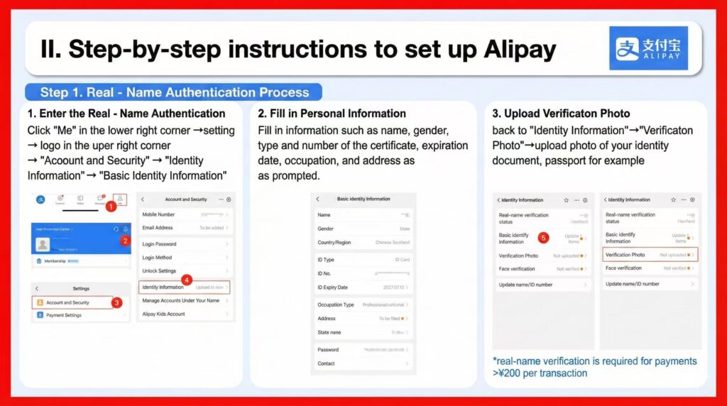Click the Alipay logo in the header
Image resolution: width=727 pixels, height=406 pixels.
click(x=648, y=48)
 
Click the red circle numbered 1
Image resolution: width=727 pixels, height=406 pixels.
click(x=110, y=207)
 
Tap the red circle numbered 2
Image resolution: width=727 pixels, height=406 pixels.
click(x=125, y=241)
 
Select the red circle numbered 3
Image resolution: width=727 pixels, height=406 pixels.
click(x=117, y=302)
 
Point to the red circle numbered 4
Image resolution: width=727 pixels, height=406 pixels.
click(x=187, y=280)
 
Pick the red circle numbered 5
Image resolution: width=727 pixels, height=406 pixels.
click(x=543, y=238)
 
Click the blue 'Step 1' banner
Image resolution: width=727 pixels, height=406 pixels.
click(x=174, y=92)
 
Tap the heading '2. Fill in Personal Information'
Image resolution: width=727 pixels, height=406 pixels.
click(x=332, y=114)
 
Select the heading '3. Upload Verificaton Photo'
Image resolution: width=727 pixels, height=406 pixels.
click(x=561, y=114)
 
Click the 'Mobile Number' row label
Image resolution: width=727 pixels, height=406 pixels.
click(x=158, y=214)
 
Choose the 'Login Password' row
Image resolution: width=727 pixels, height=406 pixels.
click(x=160, y=244)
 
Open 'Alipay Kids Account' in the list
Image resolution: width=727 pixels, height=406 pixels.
click(x=163, y=314)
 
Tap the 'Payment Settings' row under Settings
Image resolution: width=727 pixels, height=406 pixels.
click(x=64, y=315)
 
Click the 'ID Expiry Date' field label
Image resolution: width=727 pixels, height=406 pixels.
click(x=332, y=287)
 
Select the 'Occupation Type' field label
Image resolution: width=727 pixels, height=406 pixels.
click(x=335, y=304)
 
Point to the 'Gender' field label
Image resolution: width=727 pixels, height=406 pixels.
click(x=325, y=229)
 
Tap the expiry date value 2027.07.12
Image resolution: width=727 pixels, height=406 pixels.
click(x=393, y=287)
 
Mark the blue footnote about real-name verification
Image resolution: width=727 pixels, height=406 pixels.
click(x=594, y=367)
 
